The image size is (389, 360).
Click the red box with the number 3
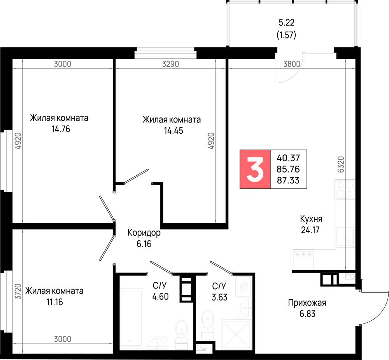pyautogui.click(x=255, y=169)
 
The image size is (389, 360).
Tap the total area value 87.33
pyautogui.click(x=288, y=180)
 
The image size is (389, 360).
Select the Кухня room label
pyautogui.click(x=311, y=219)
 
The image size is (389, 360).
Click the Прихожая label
pyautogui.click(x=307, y=303)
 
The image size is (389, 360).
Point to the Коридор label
pyautogui.click(x=144, y=232)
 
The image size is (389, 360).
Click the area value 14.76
pyautogui.click(x=61, y=129)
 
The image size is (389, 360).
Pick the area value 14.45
pyautogui.click(x=173, y=130)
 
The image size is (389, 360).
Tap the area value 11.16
pyautogui.click(x=54, y=302)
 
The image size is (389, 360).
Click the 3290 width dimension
pyautogui.click(x=170, y=64)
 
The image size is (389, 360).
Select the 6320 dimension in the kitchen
pyautogui.click(x=341, y=164)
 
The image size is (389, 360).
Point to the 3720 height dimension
pyautogui.click(x=18, y=292)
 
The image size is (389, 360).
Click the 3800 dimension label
pyautogui.click(x=292, y=64)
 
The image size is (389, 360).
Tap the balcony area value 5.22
pyautogui.click(x=287, y=22)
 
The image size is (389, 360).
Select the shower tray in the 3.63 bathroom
pyautogui.click(x=236, y=335)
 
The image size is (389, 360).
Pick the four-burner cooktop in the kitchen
pyautogui.click(x=345, y=189)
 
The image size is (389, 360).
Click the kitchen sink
pyautogui.click(x=345, y=238)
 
